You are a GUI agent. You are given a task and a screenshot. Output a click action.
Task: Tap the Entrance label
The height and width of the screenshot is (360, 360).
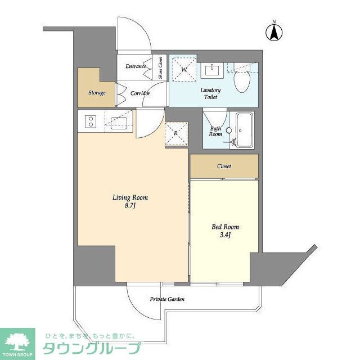[x=136, y=66]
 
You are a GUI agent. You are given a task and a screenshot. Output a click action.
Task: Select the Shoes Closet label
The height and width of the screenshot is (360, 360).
[x=160, y=67]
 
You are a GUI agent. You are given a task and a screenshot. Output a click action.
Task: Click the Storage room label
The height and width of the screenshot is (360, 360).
[x=96, y=93]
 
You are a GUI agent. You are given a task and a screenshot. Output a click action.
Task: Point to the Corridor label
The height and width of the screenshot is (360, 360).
[x=139, y=93]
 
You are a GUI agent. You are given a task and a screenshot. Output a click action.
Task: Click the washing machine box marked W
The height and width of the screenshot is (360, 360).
[x=183, y=69]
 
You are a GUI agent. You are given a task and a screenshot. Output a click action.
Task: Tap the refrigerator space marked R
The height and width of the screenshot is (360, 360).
[x=175, y=133]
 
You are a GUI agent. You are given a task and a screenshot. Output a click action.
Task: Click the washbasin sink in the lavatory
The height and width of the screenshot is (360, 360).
[x=213, y=69]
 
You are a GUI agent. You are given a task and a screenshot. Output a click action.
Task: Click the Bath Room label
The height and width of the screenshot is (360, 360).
[x=215, y=130]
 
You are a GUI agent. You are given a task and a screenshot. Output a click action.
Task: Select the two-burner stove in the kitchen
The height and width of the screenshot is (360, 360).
[x=90, y=121]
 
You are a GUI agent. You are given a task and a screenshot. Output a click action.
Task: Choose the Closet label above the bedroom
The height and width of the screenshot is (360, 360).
[x=224, y=166]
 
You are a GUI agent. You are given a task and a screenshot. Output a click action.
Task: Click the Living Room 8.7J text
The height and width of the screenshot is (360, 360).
[x=130, y=201]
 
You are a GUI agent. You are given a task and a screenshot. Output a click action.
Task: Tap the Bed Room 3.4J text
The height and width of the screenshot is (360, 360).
[x=225, y=231]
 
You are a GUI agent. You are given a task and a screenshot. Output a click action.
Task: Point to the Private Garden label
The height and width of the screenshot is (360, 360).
[x=167, y=299]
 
